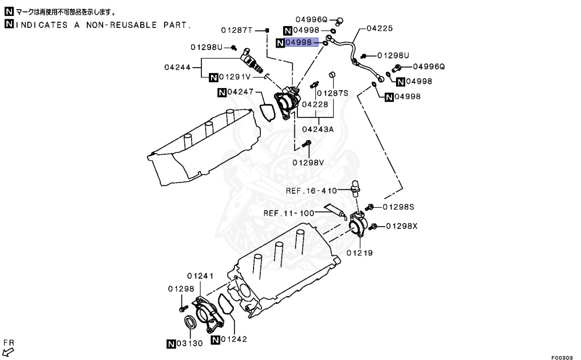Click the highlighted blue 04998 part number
(x=299, y=43)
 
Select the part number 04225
(x=380, y=27)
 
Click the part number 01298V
(x=308, y=162)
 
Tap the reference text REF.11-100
(x=289, y=214)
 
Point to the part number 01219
(x=360, y=253)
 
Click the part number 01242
(x=234, y=340)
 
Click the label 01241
(x=200, y=276)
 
